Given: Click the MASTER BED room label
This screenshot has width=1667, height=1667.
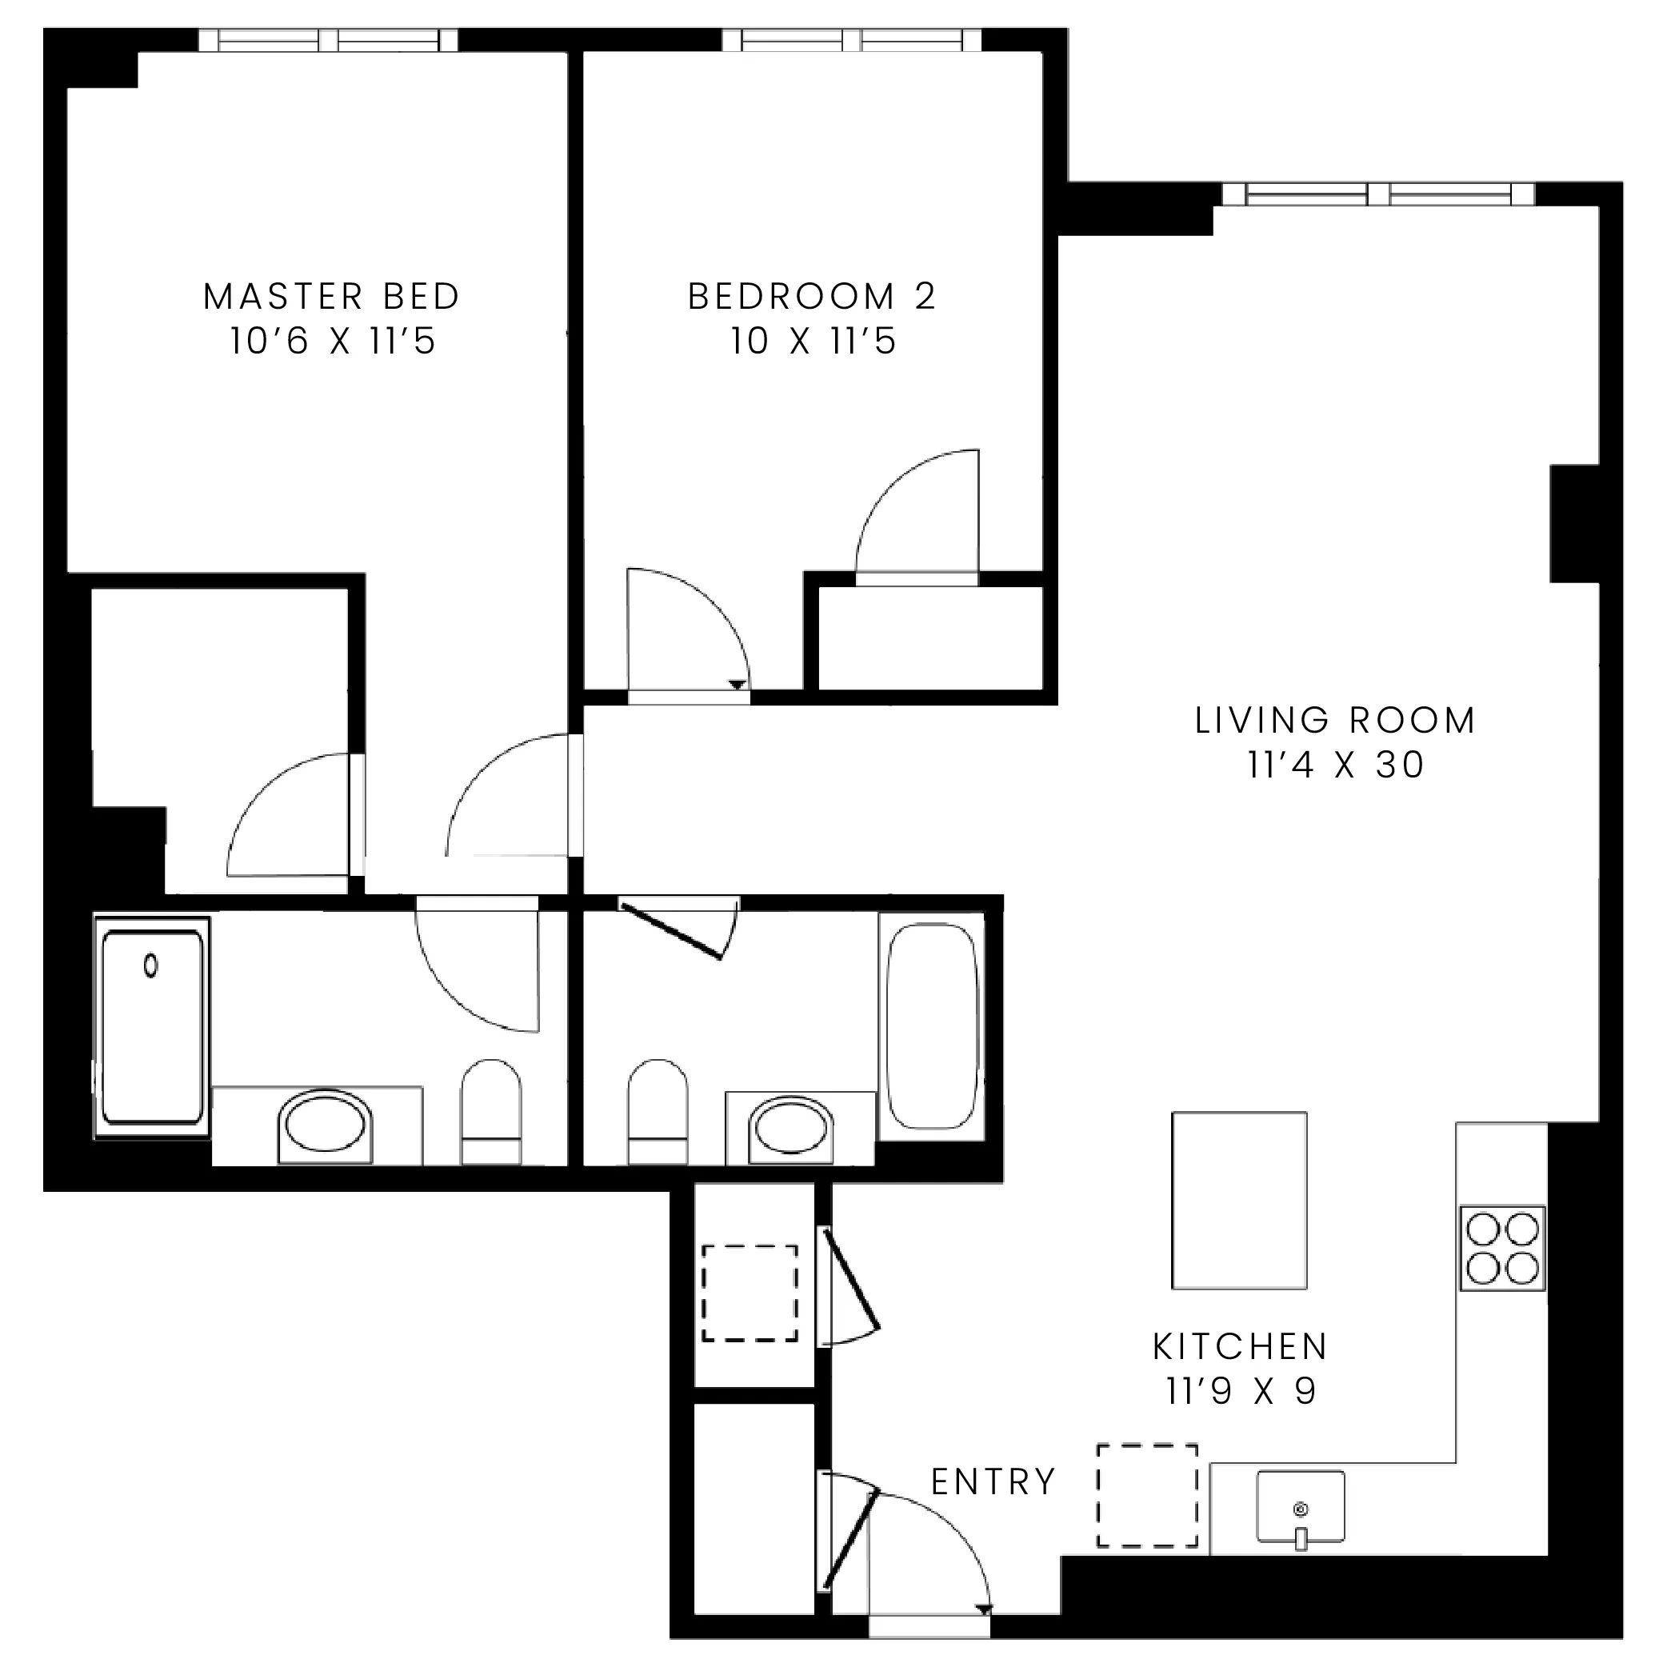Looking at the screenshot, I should click(331, 297).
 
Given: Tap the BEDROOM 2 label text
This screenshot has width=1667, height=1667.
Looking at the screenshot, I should click(811, 297).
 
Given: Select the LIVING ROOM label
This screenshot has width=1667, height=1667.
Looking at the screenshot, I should click(1335, 721).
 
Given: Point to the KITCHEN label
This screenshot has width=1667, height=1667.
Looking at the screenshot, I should click(1240, 1346).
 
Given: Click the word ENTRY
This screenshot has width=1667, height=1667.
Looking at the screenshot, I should click(993, 1481).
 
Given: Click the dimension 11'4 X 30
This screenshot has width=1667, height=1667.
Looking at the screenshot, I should click(1335, 766).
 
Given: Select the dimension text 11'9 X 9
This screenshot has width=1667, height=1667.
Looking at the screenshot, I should click(1240, 1391).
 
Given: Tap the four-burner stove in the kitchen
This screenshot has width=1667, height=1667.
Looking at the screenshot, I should click(1502, 1248).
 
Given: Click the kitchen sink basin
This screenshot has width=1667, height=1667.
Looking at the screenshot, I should click(1301, 1506).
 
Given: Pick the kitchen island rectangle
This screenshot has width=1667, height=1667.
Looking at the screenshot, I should click(1239, 1200).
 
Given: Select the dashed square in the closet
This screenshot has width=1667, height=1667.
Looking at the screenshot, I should click(749, 1293).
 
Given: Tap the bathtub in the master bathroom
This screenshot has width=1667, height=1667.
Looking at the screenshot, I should click(153, 1027).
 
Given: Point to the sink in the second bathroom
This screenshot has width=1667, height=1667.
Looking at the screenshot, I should click(791, 1126).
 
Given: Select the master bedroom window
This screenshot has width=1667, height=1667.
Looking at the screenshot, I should click(328, 40).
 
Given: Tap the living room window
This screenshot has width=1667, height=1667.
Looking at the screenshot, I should click(1378, 194).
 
